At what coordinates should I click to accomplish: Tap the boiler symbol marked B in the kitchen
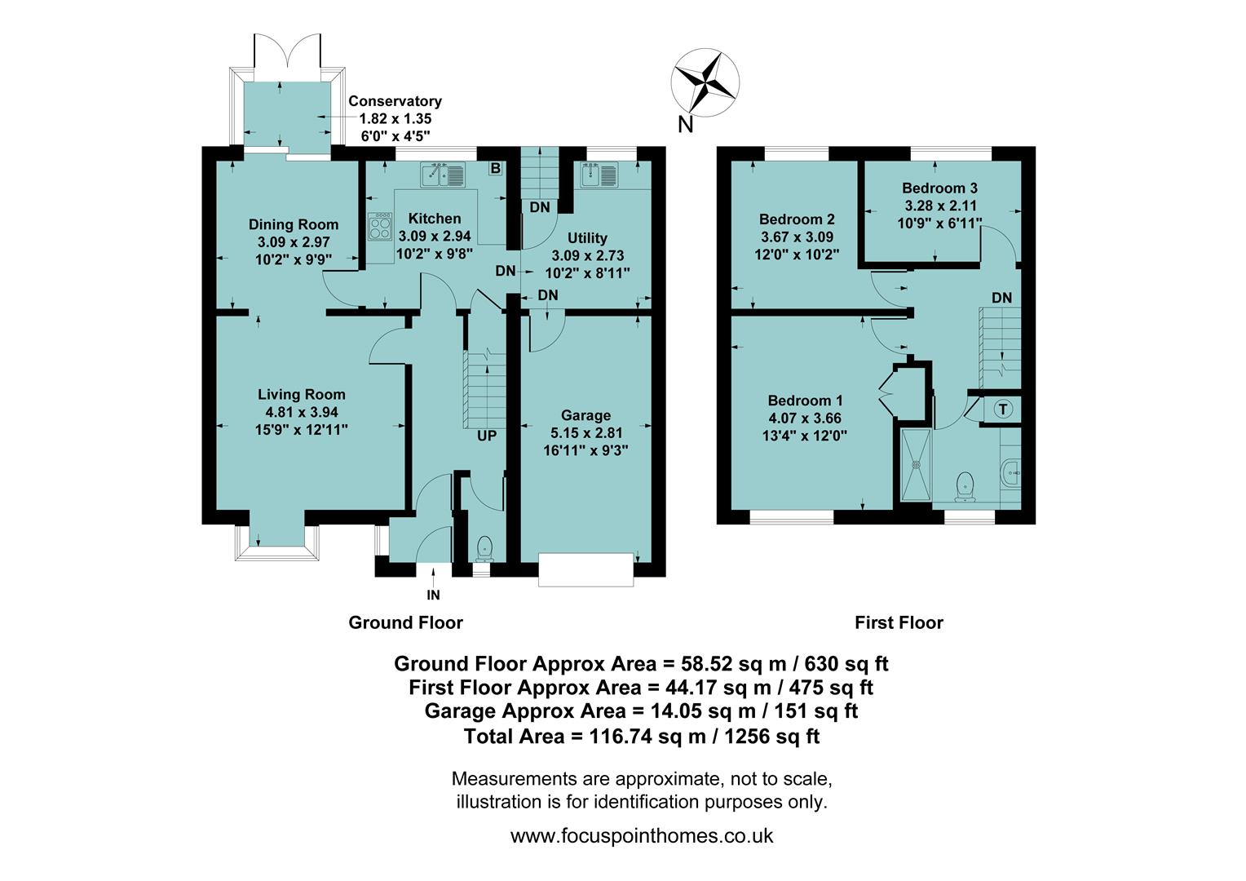tap(495, 169)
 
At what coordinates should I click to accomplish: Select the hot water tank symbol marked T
tap(1002, 410)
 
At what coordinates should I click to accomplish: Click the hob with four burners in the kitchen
tap(380, 226)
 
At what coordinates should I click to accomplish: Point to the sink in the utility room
tap(599, 175)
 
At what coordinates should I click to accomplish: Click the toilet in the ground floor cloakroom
tap(484, 547)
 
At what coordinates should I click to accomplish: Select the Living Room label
tap(302, 395)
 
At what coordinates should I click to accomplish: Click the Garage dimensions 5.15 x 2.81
tap(585, 433)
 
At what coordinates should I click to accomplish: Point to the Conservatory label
tap(395, 101)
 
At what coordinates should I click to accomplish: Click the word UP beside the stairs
tap(487, 436)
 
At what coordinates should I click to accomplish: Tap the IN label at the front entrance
tap(433, 595)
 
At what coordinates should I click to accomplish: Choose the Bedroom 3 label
tap(939, 188)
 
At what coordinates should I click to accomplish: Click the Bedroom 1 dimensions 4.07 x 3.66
tap(805, 418)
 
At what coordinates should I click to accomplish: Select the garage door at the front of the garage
tap(585, 569)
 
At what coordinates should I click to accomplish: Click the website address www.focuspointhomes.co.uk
tap(642, 836)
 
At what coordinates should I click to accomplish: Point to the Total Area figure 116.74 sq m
tap(641, 737)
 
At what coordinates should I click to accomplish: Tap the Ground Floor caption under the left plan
tap(405, 623)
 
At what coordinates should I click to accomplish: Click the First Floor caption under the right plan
tap(899, 623)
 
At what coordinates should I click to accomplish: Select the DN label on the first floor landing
tap(1001, 298)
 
